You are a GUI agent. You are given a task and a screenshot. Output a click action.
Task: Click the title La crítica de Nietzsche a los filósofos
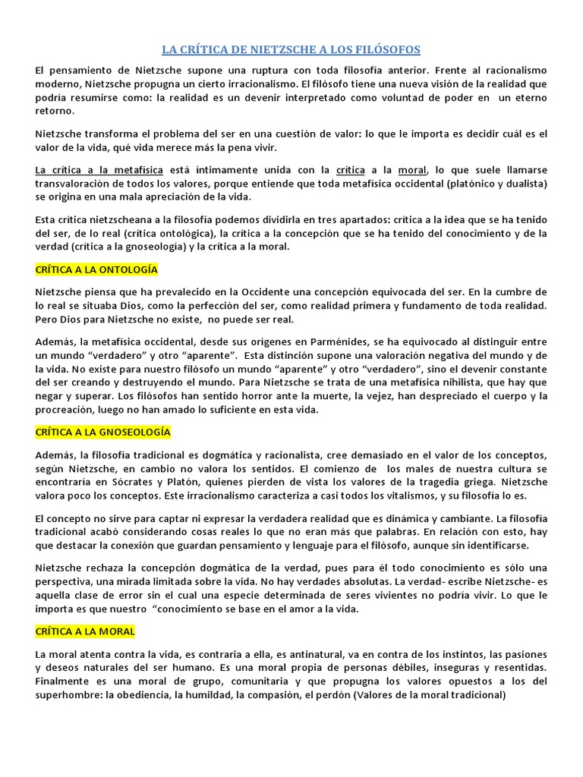coord(291,50)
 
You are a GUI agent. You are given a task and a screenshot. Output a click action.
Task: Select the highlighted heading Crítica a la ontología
coord(96,269)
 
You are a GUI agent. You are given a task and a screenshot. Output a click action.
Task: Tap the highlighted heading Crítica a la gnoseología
coord(103,432)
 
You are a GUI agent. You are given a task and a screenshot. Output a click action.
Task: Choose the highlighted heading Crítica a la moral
coord(85,631)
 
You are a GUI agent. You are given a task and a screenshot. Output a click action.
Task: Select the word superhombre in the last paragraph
coord(69,694)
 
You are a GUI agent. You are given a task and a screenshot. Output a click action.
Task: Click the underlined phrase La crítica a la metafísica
coord(94,170)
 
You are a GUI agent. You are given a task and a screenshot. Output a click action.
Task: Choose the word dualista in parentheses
coord(524,184)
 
